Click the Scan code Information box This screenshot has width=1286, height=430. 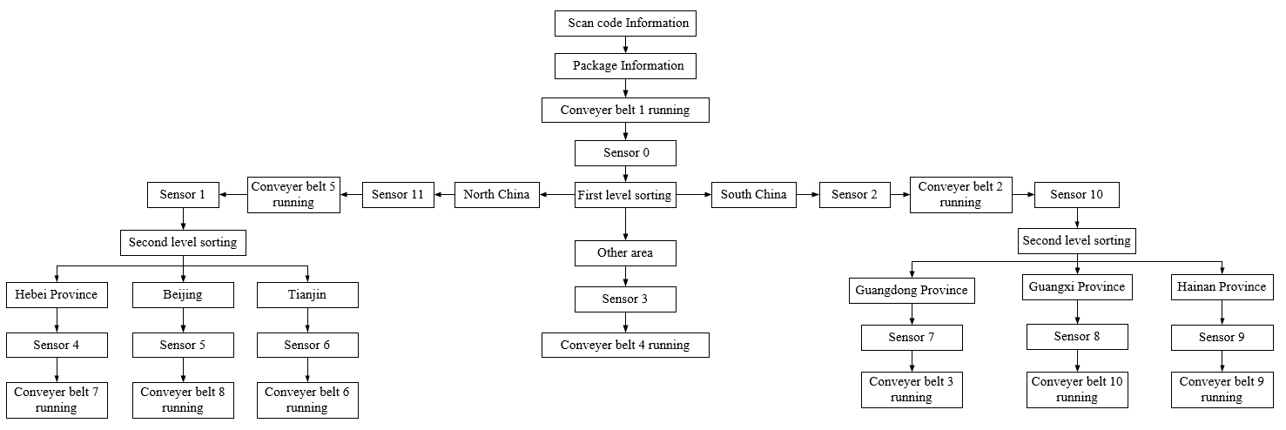625,24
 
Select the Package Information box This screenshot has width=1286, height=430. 625,66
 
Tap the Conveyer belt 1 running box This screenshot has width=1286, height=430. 625,111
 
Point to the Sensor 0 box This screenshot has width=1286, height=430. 625,153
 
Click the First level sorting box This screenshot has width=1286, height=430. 625,195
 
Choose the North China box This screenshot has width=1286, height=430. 496,195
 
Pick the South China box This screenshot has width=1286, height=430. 754,195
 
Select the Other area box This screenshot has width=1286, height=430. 625,253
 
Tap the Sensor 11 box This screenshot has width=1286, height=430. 398,195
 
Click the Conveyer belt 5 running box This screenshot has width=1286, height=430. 293,195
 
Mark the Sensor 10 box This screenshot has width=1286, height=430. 1076,195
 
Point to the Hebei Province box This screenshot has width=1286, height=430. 57,295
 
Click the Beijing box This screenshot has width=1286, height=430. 183,295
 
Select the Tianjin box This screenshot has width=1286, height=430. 307,295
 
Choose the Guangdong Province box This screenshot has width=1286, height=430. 912,291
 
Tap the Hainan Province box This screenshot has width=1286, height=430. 1222,287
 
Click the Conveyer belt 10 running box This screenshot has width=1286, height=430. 1077,389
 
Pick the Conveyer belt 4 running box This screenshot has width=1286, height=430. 625,346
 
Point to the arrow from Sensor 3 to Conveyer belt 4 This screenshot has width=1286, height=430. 625,322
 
